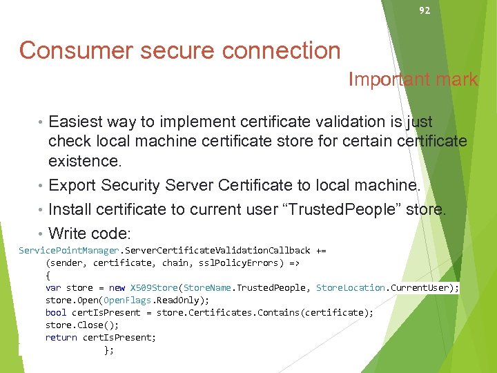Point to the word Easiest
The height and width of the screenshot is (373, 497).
coord(77,122)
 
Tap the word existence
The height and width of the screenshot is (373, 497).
coord(83,162)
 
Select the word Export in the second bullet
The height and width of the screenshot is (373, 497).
coord(72,186)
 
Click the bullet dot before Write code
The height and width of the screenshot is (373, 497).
coord(43,233)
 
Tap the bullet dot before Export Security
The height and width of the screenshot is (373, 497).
coord(43,186)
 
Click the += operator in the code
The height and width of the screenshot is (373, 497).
coord(321,250)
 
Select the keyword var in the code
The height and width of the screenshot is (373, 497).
coord(54,287)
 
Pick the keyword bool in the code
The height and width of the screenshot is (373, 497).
coord(57,312)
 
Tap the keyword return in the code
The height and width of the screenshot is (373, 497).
coord(61,337)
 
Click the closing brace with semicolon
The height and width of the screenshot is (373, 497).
coord(108,350)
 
